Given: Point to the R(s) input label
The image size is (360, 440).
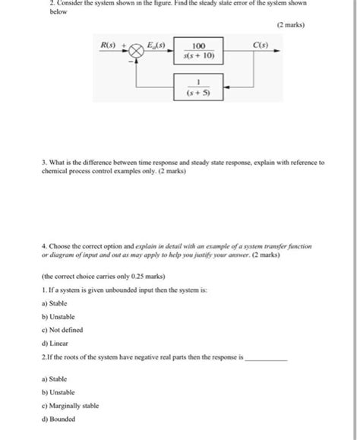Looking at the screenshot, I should (x=109, y=46).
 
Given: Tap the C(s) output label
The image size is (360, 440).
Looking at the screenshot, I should (x=261, y=46).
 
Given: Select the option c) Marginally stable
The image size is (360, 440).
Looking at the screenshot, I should (x=71, y=406).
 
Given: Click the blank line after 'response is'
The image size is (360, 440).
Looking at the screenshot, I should (x=267, y=357).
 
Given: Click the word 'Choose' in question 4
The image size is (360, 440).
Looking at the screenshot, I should (x=62, y=246).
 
